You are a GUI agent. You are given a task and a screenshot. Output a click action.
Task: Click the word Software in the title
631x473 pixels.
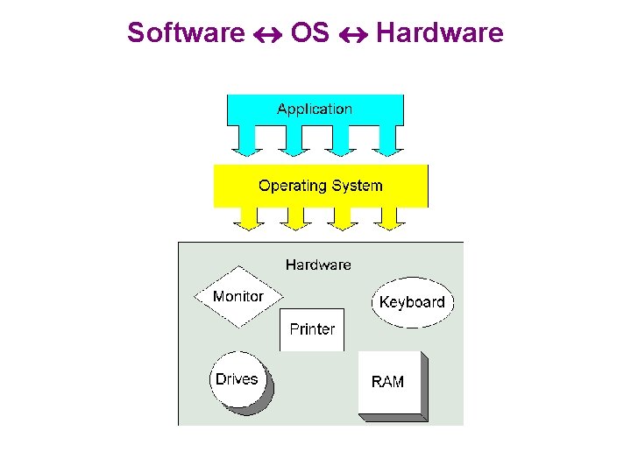click(x=185, y=33)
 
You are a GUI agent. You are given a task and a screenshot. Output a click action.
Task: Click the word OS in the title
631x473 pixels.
click(x=309, y=33)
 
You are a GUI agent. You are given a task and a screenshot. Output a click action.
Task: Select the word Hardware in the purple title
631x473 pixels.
click(x=439, y=33)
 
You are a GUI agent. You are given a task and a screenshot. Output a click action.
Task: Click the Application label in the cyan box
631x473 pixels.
click(x=315, y=109)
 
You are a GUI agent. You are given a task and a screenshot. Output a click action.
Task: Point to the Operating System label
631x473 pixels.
click(x=320, y=186)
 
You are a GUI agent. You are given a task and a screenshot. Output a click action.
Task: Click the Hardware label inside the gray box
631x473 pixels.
click(x=318, y=264)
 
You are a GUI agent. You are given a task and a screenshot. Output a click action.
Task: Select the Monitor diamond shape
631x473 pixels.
click(x=238, y=297)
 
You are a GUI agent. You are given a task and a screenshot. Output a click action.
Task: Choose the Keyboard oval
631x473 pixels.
click(x=412, y=302)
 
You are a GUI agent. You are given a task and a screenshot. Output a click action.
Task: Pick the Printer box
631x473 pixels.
click(x=312, y=329)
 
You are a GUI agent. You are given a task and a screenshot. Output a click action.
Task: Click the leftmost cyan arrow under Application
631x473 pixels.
click(x=245, y=140)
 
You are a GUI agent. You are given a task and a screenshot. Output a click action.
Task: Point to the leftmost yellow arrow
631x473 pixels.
click(x=249, y=218)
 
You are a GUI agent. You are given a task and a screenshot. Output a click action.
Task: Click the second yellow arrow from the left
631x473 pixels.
click(x=295, y=218)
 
